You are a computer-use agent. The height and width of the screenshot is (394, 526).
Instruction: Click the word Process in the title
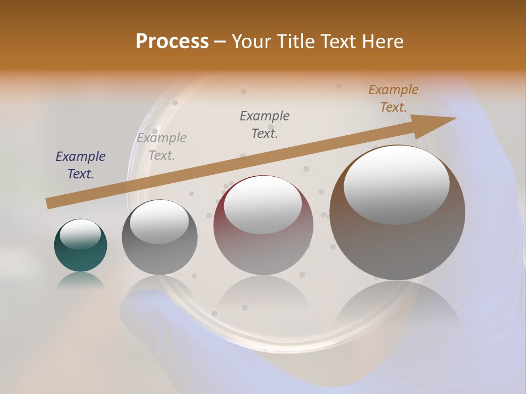[172, 42]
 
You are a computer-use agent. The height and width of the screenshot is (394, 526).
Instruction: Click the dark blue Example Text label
[81, 165]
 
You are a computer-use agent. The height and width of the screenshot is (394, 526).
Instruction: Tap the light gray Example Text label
[162, 147]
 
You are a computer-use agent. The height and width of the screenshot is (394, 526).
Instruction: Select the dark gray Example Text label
[265, 124]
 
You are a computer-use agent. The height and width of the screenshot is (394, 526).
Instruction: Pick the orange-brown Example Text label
[393, 98]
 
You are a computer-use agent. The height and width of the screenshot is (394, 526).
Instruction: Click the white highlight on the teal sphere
[80, 234]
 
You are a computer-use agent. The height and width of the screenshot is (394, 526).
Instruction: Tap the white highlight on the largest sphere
[397, 185]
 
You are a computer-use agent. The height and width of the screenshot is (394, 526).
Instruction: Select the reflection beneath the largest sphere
[397, 306]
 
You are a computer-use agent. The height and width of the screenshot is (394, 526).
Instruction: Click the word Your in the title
[251, 42]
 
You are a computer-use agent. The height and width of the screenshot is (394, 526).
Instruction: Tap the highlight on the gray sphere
[159, 222]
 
